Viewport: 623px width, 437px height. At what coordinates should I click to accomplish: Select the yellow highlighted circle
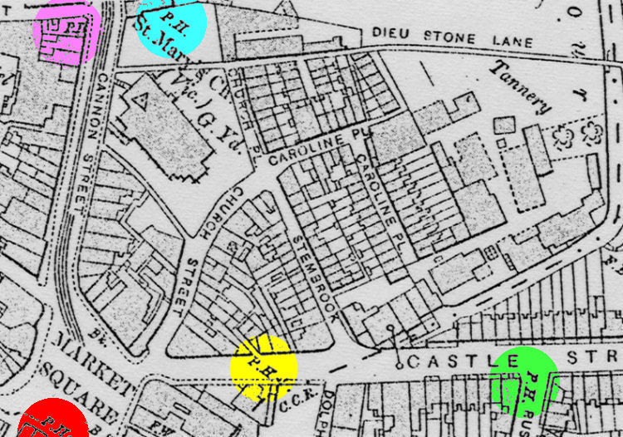(263, 366)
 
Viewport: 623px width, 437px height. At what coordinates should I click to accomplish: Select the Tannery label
(521, 86)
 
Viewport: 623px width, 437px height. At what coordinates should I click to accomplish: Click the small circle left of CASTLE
(398, 363)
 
